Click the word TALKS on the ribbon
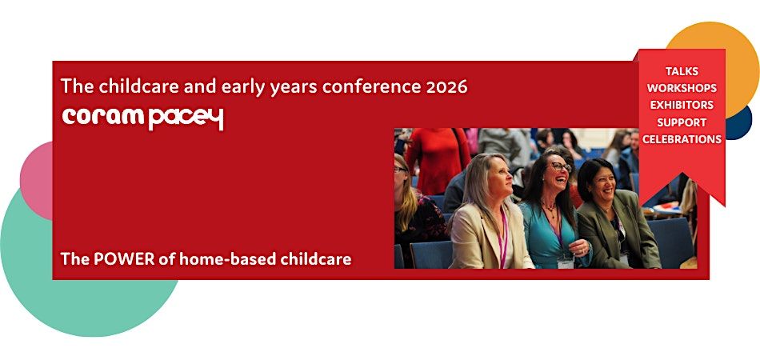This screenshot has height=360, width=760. pos(682,71)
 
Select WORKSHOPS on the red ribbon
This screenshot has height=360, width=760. pos(682,88)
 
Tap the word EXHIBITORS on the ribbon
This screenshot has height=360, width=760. pos(682,105)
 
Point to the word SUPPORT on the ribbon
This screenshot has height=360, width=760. pos(682,122)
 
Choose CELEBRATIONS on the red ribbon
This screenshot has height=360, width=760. pos(682,139)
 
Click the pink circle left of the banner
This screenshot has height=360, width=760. pos(37,180)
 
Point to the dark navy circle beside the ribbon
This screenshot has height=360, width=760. pos(739,122)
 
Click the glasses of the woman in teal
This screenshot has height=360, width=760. pos(561,166)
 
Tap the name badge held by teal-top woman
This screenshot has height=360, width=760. pos(566,262)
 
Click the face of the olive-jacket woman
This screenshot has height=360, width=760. pos(601,181)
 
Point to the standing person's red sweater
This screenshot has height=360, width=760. pos(438,156)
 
